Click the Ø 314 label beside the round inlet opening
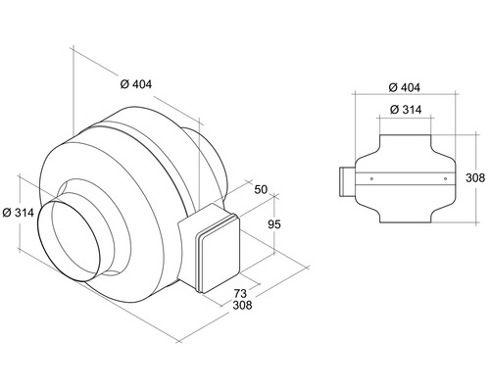tap(21, 212)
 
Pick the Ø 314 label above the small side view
tap(405, 110)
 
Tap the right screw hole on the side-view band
tap(443, 179)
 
